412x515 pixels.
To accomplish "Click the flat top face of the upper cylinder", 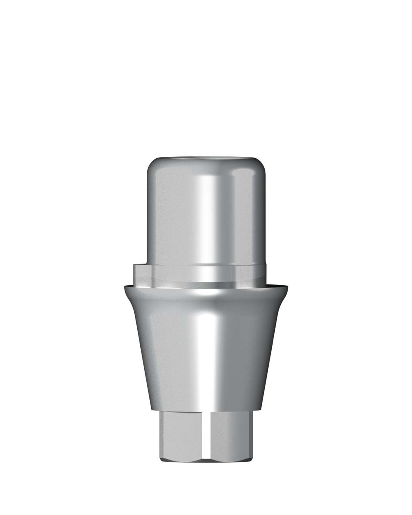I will pyautogui.click(x=206, y=159).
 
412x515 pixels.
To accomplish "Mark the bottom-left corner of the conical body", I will pyautogui.click(x=149, y=409).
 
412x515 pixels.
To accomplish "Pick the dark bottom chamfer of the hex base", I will pyautogui.click(x=206, y=459).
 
